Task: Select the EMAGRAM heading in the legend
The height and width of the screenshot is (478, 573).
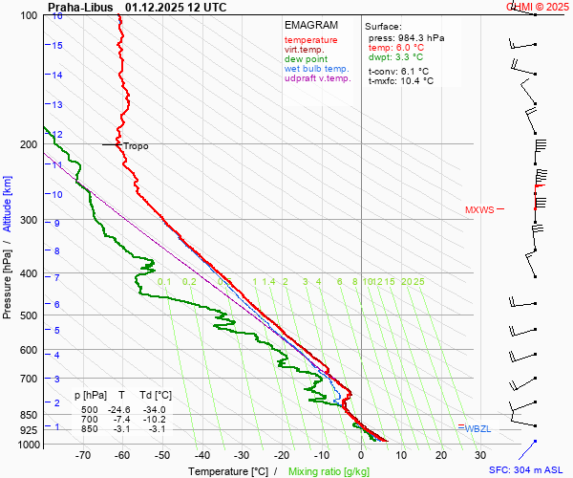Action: [x=311, y=25]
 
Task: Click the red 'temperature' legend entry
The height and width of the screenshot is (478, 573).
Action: [x=310, y=40]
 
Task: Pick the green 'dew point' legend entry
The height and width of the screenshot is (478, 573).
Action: [x=305, y=59]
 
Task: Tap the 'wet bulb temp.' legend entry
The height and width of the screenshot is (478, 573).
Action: [x=316, y=69]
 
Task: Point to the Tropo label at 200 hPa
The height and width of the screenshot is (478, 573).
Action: [x=136, y=146]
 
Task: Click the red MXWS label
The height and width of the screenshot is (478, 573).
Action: [x=479, y=210]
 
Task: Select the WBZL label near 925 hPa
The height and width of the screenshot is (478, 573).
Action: [x=477, y=428]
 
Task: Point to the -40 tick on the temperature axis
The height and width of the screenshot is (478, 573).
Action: [x=202, y=455]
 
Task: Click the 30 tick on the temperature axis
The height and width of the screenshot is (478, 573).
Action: [x=480, y=455]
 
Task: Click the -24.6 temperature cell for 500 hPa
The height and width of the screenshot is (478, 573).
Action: [x=117, y=409]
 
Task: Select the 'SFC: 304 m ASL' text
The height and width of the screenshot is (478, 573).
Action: [x=528, y=470]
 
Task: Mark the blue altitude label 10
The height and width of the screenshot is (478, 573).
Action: [x=58, y=194]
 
